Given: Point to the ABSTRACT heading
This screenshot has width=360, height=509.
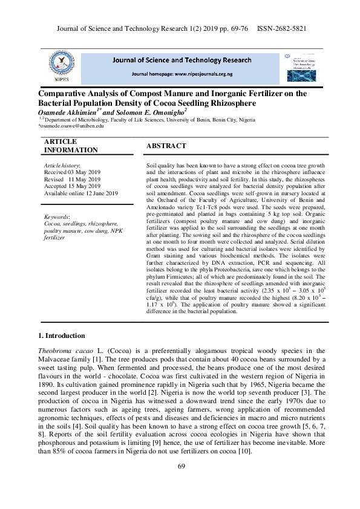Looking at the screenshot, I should point(166,146).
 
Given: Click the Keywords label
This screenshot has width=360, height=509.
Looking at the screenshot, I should point(57,216).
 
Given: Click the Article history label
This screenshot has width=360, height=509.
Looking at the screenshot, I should point(62,165).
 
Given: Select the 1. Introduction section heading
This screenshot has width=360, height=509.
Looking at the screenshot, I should point(61,336).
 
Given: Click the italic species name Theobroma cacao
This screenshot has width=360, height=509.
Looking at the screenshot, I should point(64,351).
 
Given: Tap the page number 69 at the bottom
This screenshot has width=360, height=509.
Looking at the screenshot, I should point(181,465).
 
